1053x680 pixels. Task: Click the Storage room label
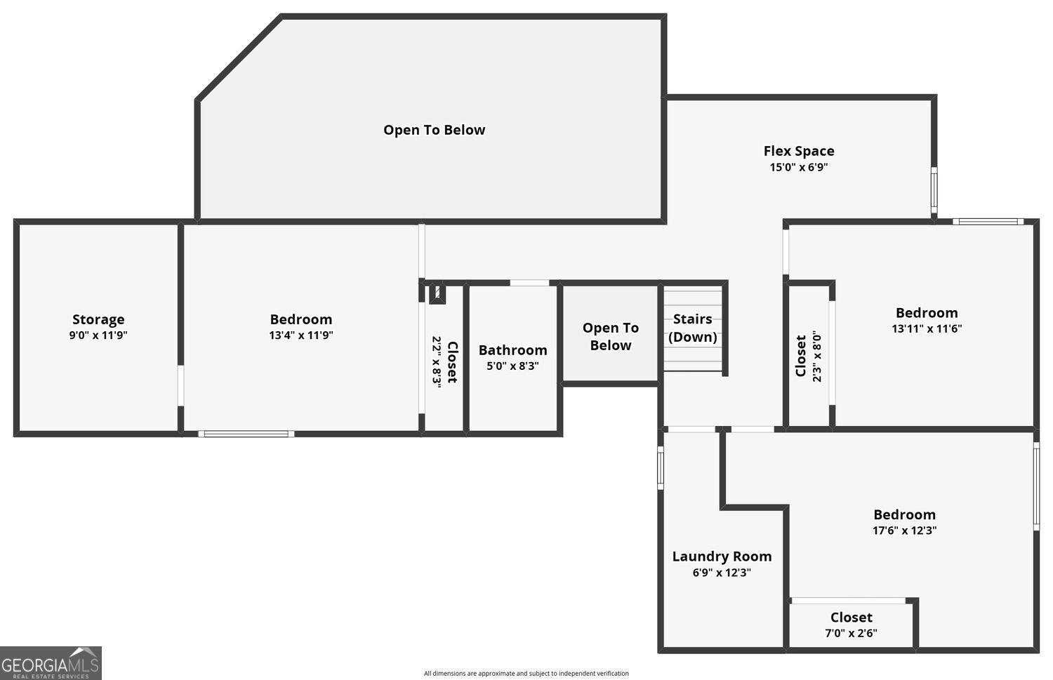coord(98,319)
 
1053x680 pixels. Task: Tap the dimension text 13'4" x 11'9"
coord(301,335)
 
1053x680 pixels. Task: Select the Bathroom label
coord(512,350)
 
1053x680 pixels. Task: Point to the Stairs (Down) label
coord(692,328)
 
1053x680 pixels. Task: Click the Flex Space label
coord(799,151)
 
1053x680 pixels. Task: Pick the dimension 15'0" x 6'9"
coord(799,167)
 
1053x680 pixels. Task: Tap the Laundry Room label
coord(722,556)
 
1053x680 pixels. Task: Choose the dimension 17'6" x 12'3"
coord(904,531)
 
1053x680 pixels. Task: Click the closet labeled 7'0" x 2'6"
coord(851,618)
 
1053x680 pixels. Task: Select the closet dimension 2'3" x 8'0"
coord(817,356)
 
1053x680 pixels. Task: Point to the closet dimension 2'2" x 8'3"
coord(437,361)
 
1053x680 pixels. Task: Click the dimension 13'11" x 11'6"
coord(927,328)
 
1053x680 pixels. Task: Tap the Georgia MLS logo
coord(51,663)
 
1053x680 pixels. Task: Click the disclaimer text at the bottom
coord(526,674)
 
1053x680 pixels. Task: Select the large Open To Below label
coord(434,130)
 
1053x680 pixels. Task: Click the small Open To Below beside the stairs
coord(610,336)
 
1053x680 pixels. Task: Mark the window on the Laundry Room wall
coord(661,468)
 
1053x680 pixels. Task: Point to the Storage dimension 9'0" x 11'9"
coord(98,335)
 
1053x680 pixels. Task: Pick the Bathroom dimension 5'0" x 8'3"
coord(512,366)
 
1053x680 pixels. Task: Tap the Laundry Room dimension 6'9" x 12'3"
coord(722,573)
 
